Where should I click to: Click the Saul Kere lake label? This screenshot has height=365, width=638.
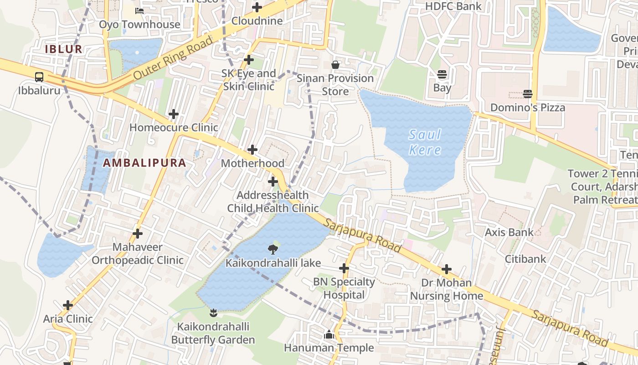425,142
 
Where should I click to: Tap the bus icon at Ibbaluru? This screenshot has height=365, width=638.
39,77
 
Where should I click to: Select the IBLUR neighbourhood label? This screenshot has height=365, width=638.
64,49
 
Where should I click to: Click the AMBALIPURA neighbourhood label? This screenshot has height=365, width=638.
144,163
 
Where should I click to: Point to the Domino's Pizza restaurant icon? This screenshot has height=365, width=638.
528,94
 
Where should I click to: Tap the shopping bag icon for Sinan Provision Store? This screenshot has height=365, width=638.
335,65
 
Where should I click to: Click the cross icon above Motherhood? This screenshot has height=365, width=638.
252,150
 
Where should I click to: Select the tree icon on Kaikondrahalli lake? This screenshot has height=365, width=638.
273,249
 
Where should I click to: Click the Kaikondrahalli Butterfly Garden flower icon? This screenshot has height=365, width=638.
213,313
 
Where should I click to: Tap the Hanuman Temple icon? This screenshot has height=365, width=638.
329,335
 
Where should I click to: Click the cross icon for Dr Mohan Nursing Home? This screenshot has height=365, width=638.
447,269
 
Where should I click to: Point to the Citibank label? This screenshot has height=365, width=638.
525,259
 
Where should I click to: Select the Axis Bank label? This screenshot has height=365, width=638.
509,232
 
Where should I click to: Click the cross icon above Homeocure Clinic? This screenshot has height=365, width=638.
173,114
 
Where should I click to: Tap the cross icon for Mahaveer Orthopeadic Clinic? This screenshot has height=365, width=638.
137,234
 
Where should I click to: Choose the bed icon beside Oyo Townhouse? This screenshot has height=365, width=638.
139,10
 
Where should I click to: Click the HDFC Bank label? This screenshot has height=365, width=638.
453,6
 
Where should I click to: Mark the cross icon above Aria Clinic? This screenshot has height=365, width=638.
68,305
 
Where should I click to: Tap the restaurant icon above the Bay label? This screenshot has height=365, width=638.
442,74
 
